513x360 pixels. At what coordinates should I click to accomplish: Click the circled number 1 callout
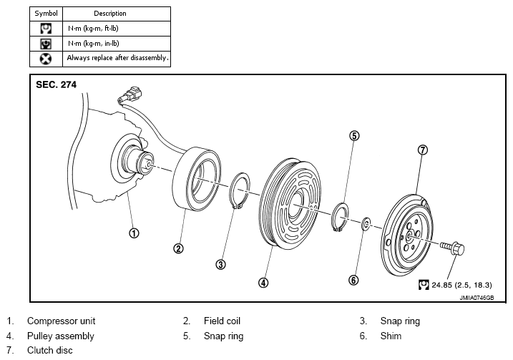click(x=134, y=233)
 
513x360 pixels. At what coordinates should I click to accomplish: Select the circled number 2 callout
click(x=178, y=248)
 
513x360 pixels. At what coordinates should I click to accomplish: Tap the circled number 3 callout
click(x=221, y=264)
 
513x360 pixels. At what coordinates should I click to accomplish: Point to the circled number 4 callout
click(x=263, y=283)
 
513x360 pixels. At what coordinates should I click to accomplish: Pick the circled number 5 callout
click(x=354, y=135)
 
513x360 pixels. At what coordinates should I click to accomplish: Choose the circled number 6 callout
click(x=353, y=280)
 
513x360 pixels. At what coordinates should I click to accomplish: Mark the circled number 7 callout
click(x=423, y=150)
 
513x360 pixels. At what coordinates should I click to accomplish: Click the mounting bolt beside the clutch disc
click(x=452, y=248)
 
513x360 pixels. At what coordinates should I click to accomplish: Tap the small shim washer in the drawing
click(x=366, y=224)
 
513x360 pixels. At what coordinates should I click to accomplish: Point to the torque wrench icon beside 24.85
click(x=424, y=285)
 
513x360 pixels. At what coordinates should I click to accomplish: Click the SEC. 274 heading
click(x=56, y=84)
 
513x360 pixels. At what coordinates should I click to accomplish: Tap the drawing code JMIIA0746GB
click(x=477, y=298)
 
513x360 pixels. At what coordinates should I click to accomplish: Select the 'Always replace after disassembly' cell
click(x=117, y=59)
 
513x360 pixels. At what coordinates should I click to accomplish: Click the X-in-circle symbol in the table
click(x=46, y=59)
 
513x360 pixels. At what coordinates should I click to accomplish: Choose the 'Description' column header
click(x=110, y=14)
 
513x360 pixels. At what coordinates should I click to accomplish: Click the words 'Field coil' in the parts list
click(x=222, y=321)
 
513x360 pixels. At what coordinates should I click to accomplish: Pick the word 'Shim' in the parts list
click(x=391, y=336)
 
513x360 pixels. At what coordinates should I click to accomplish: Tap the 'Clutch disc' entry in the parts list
click(x=50, y=350)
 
